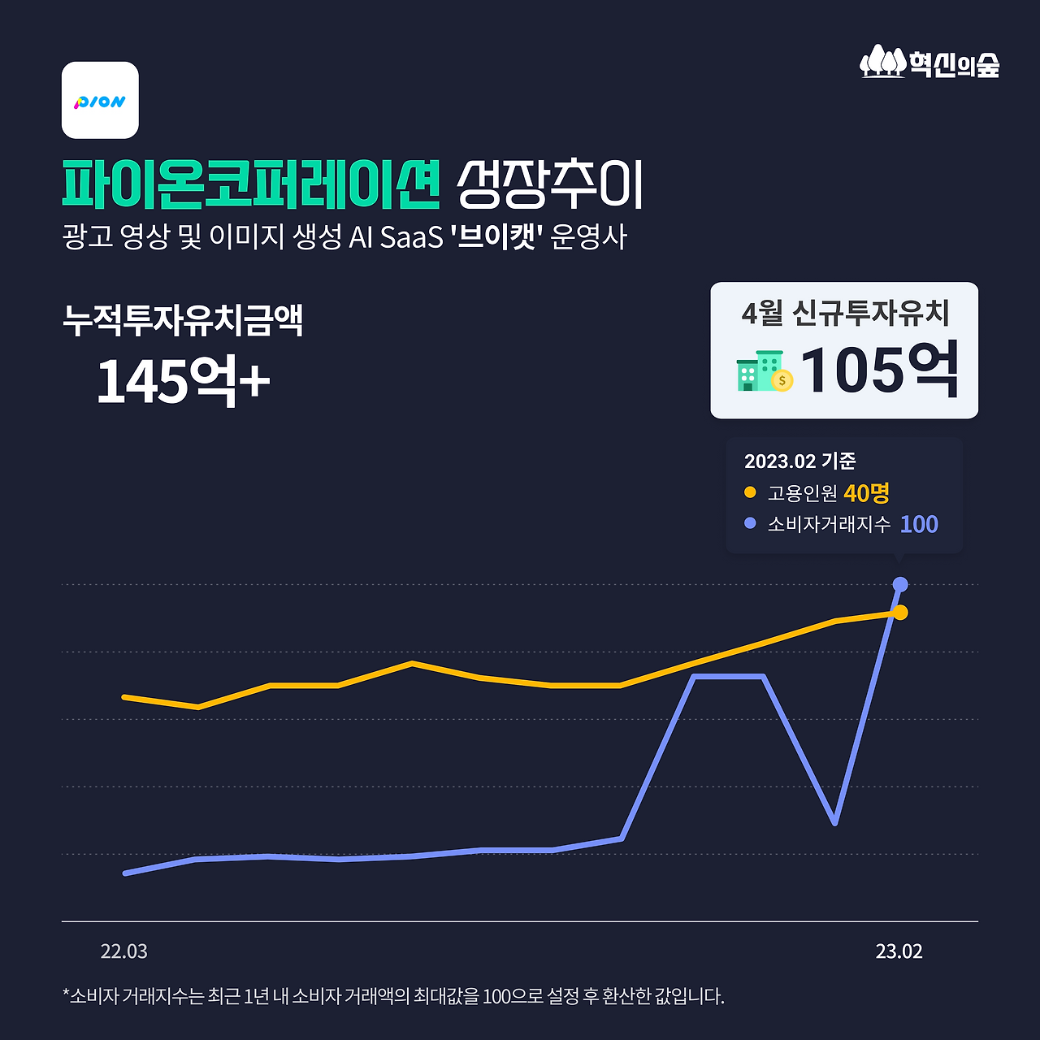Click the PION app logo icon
click(100, 100)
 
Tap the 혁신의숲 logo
click(929, 63)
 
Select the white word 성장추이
click(550, 184)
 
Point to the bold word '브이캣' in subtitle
click(496, 237)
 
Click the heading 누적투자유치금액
click(183, 320)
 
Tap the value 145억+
click(183, 379)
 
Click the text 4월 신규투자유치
click(845, 313)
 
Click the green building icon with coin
click(764, 371)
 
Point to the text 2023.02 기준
click(799, 461)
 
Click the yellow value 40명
click(866, 492)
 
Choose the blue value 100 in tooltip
click(919, 524)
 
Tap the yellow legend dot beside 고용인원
click(750, 492)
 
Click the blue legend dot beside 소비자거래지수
click(750, 524)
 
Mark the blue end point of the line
click(900, 584)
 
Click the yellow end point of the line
click(900, 612)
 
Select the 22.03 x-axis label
click(124, 951)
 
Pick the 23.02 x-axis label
click(899, 951)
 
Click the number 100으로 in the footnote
click(512, 996)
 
